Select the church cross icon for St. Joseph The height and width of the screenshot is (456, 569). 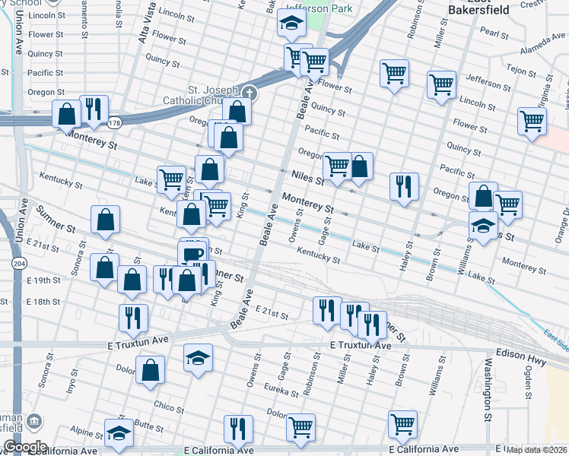pos(249,93)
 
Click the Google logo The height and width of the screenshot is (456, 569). pos(25,446)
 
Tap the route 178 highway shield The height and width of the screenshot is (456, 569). pos(114,122)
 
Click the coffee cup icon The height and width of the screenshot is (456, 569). pos(193,253)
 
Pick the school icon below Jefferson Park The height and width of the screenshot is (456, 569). pos(291,24)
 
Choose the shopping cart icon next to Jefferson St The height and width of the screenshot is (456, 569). pos(441,85)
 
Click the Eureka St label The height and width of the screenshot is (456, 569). pos(283,393)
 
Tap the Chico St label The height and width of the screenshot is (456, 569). pos(169,405)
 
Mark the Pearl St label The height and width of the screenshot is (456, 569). pos(494,33)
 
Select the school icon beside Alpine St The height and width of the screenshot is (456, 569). pos(119,433)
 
